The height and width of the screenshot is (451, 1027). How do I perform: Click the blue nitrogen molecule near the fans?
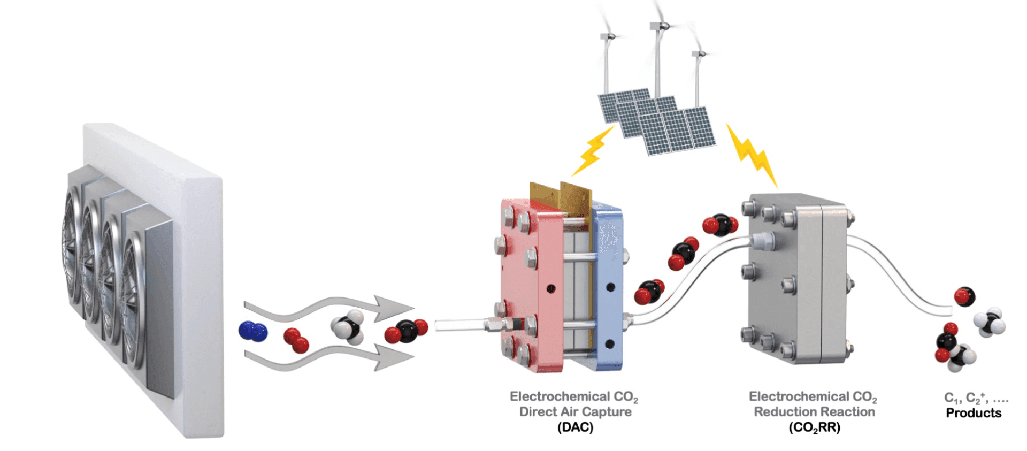click(253, 331)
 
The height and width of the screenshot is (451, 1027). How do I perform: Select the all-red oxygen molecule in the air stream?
click(296, 340)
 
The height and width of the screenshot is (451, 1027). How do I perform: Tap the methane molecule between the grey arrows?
click(347, 326)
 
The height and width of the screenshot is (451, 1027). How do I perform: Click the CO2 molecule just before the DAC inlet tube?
click(407, 331)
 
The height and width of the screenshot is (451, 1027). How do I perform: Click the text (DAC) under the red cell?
click(575, 427)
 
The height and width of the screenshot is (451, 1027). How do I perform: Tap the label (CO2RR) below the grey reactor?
click(814, 427)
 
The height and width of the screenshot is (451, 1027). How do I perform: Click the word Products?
click(974, 413)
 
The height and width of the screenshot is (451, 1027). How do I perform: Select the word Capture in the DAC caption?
click(607, 412)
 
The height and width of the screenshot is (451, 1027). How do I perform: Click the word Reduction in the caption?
click(785, 412)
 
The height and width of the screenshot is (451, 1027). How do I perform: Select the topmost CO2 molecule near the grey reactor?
click(721, 225)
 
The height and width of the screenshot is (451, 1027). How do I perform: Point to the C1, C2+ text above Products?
click(976, 398)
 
